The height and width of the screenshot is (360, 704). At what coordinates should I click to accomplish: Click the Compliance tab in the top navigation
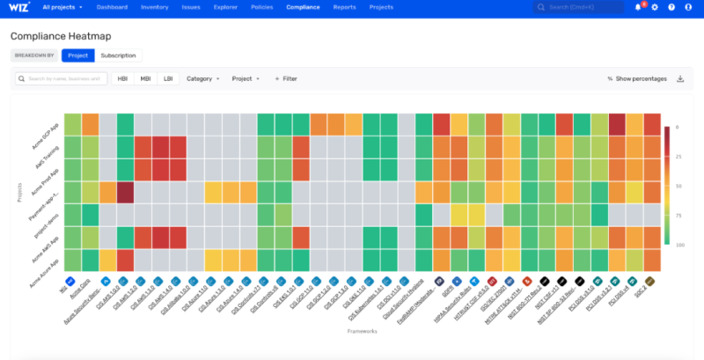(x=303, y=7)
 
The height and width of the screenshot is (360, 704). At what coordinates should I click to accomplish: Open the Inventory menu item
(x=154, y=7)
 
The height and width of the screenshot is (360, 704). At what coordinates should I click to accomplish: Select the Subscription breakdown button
(x=118, y=55)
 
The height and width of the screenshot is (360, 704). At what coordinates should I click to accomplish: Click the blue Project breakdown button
(x=77, y=55)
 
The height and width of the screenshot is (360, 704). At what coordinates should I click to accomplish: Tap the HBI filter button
(x=122, y=78)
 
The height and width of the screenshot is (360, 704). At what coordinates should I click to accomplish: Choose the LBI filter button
(x=167, y=78)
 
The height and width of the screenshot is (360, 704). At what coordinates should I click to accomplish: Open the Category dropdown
(x=202, y=78)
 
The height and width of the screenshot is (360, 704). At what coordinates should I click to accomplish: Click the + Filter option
(x=286, y=78)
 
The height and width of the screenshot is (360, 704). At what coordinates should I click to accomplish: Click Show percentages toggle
(x=637, y=78)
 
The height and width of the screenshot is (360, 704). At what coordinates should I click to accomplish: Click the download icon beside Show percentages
(x=680, y=78)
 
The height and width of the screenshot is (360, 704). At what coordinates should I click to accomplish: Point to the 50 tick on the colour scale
(x=678, y=186)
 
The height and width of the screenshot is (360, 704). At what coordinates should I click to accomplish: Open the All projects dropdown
(x=60, y=7)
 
